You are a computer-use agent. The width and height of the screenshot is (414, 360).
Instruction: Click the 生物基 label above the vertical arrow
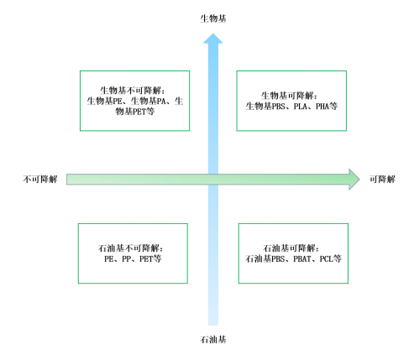213,18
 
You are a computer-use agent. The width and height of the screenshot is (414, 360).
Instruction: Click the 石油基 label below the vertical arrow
213,340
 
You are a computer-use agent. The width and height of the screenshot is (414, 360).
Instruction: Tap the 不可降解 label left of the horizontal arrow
40,179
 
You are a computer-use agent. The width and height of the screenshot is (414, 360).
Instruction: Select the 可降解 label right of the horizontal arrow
382,179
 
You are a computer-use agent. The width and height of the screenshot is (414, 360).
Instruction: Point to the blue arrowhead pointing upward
213,39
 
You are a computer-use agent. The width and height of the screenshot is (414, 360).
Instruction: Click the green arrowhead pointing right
354,180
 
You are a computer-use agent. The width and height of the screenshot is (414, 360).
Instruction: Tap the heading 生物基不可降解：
133,91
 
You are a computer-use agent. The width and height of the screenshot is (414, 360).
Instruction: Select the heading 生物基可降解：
290,96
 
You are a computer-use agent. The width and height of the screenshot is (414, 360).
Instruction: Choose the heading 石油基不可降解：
131,248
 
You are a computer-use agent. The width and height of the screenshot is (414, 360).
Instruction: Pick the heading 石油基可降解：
291,248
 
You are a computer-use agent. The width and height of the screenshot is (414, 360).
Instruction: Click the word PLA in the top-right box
301,107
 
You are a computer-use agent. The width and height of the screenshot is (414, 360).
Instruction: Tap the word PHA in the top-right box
322,107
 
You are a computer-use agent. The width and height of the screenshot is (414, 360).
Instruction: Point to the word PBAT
302,259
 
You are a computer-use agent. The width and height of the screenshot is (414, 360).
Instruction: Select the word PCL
326,259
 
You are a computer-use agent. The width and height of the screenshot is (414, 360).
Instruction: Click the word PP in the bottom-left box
126,259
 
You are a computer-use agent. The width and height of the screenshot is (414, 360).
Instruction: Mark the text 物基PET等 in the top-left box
135,112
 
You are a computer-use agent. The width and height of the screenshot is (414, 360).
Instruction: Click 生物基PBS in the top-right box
265,107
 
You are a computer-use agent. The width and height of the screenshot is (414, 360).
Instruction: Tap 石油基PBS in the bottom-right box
265,259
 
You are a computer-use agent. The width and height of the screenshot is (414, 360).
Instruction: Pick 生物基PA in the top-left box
149,101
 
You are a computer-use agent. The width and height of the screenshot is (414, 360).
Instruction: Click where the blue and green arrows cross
213,180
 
